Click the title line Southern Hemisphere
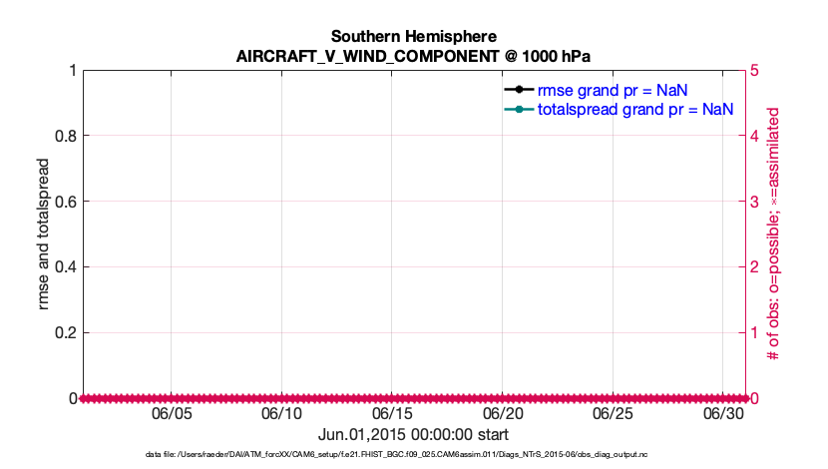click(413, 37)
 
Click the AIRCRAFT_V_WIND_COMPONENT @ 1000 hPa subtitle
click(413, 56)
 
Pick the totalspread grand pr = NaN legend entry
click(635, 109)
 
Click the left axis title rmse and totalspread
click(43, 234)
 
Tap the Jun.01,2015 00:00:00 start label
click(413, 434)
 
